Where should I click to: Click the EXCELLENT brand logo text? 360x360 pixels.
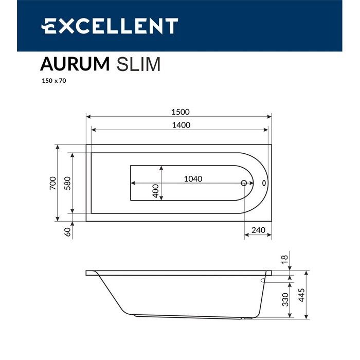pyautogui.click(x=110, y=26)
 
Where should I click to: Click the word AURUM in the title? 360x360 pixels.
pyautogui.click(x=75, y=64)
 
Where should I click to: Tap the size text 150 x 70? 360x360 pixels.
pyautogui.click(x=54, y=81)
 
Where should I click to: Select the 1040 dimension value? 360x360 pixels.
pyautogui.click(x=193, y=179)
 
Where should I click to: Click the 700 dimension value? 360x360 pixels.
pyautogui.click(x=52, y=184)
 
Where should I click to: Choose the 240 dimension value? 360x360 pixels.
pyautogui.click(x=258, y=230)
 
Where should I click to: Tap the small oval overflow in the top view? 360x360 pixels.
pyautogui.click(x=264, y=183)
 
